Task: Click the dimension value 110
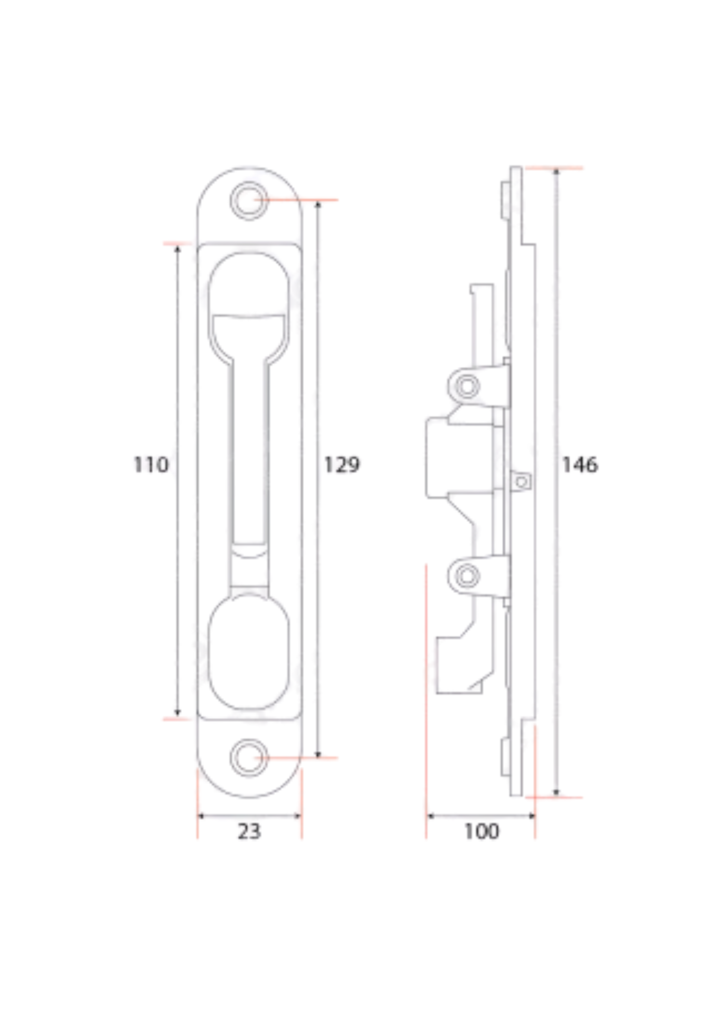(x=151, y=465)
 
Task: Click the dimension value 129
(x=342, y=465)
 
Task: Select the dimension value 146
(x=579, y=465)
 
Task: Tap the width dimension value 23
(x=249, y=831)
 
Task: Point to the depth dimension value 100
(x=481, y=831)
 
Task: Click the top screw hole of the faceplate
(x=248, y=200)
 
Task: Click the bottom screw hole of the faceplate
(x=248, y=758)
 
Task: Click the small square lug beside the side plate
(x=521, y=480)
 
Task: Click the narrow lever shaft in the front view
(x=248, y=448)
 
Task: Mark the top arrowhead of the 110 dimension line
(x=177, y=248)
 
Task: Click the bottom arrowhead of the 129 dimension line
(x=318, y=755)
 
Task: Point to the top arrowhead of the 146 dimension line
(x=556, y=172)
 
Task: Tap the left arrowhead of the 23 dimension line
(x=201, y=816)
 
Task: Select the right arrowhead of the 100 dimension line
(x=531, y=816)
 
